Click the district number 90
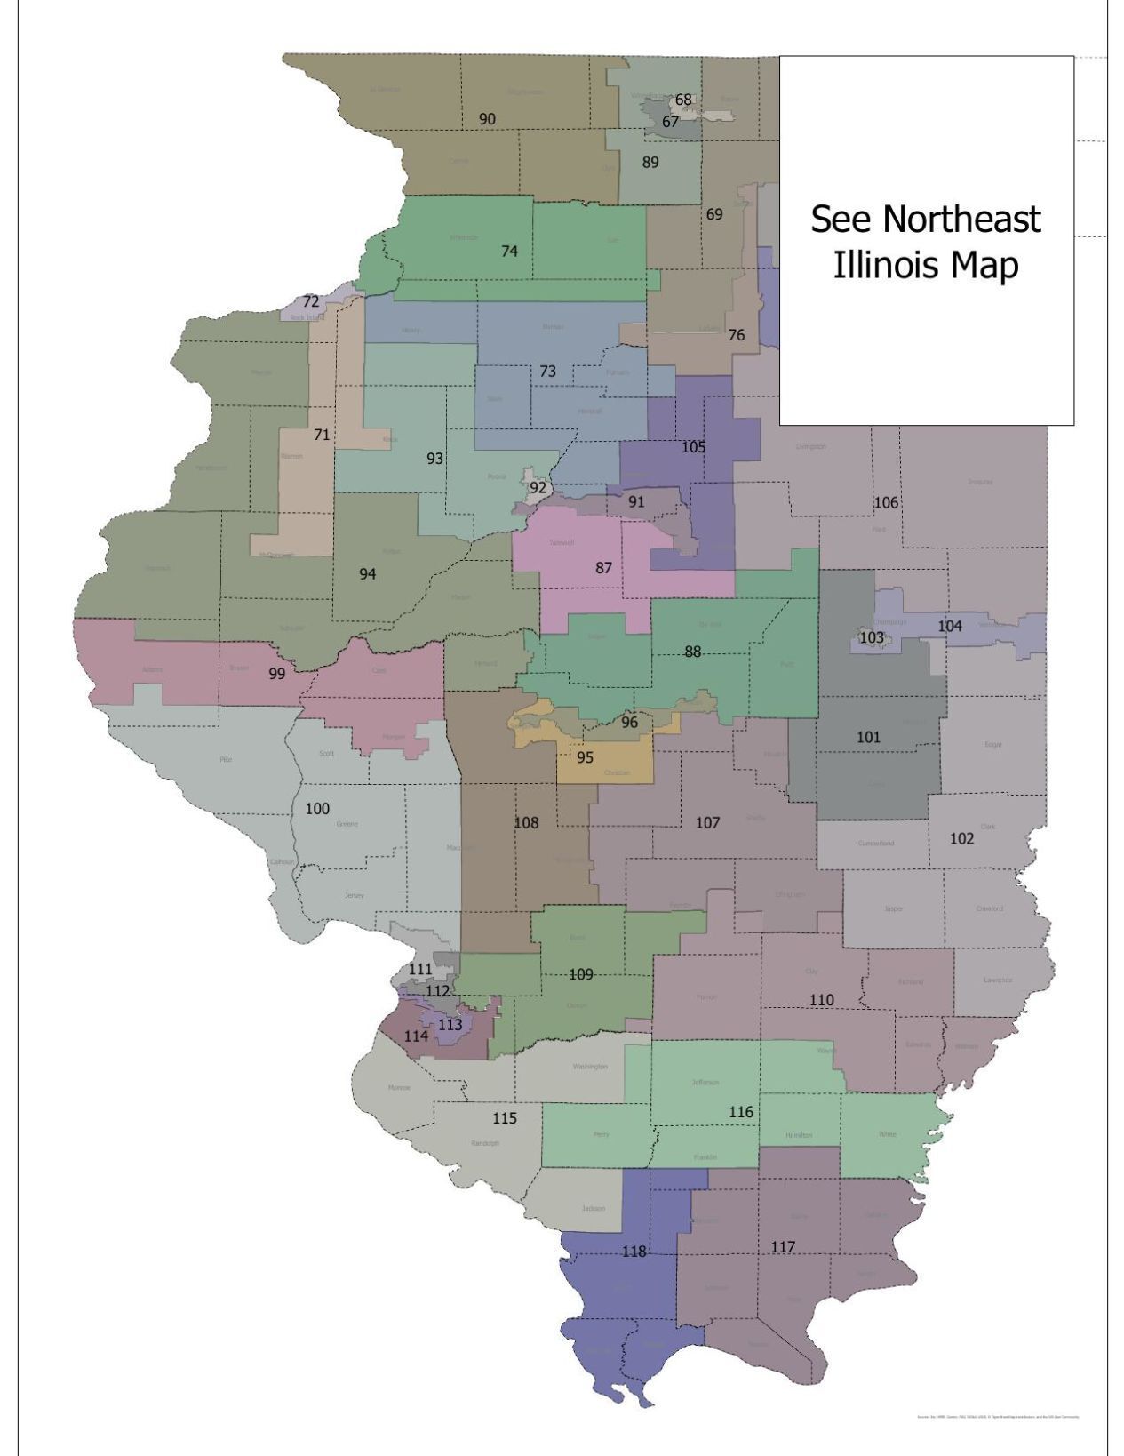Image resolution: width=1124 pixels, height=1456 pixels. click(487, 119)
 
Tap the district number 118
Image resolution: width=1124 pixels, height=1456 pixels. click(634, 1252)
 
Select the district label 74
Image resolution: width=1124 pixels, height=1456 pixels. click(509, 252)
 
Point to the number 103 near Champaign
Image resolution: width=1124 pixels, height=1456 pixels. click(872, 637)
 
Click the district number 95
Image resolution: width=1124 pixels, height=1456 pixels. click(585, 758)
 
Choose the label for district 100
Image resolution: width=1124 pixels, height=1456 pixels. click(317, 809)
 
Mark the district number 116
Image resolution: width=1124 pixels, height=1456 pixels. click(741, 1112)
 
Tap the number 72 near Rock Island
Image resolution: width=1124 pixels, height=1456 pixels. click(310, 302)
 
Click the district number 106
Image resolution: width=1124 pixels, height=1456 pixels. click(886, 503)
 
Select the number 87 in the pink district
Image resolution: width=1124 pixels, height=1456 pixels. click(604, 568)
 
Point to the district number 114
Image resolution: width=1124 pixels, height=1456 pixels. click(416, 1036)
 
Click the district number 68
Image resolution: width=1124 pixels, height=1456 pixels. click(683, 100)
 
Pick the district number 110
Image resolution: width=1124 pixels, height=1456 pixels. click(821, 1000)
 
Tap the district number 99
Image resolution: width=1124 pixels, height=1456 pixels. click(277, 674)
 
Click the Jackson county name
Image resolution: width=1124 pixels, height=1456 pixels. click(593, 1208)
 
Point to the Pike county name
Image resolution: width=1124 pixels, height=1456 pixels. click(226, 759)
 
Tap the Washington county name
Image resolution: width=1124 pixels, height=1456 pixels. click(590, 1066)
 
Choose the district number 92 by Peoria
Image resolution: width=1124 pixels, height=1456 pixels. click(538, 487)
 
